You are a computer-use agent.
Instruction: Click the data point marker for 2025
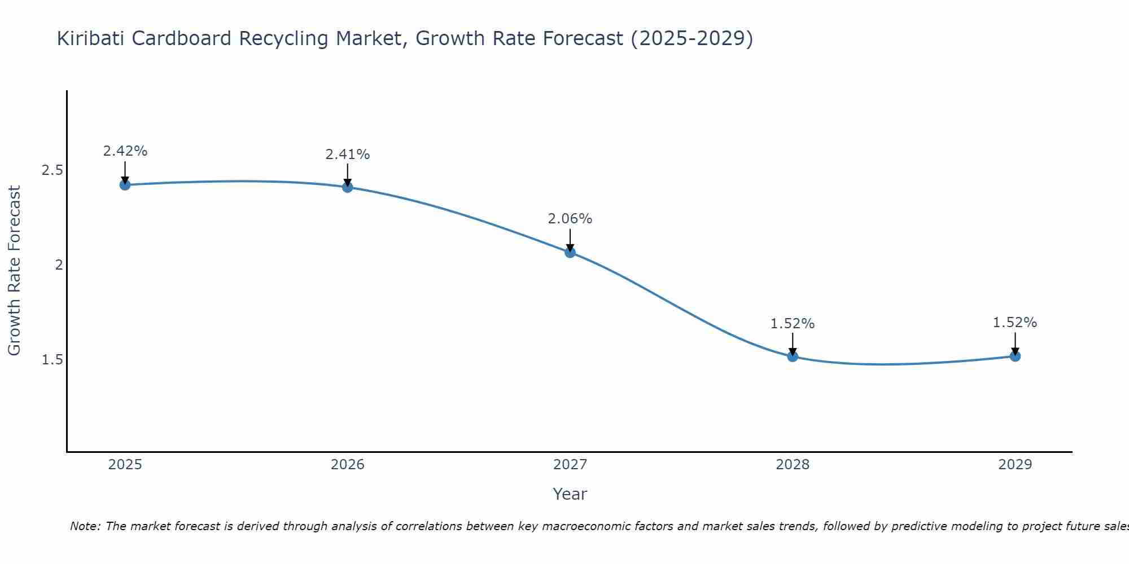click(125, 184)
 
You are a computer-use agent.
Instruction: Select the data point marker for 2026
click(348, 187)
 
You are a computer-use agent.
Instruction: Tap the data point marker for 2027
click(570, 252)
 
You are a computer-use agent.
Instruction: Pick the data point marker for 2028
click(793, 356)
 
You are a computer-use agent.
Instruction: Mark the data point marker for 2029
click(1015, 356)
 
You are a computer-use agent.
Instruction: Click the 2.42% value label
click(125, 151)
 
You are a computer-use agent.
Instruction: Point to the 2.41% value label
click(348, 154)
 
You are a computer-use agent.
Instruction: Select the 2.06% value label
click(570, 219)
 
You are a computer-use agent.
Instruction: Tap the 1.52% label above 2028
click(793, 324)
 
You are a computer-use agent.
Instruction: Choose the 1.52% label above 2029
click(1015, 323)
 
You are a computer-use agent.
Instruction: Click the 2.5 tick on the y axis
click(52, 170)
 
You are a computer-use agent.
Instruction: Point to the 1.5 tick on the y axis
click(52, 360)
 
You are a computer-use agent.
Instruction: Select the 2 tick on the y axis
click(59, 265)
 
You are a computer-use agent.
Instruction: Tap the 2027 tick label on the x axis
click(570, 465)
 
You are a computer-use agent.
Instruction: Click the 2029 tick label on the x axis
click(1015, 465)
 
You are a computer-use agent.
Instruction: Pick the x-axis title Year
click(570, 494)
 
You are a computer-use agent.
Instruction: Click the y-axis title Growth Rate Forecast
click(15, 271)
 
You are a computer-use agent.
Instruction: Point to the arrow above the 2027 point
click(570, 239)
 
